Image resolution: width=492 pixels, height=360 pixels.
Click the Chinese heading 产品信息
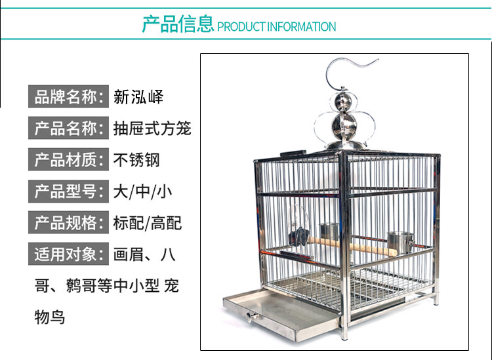178,25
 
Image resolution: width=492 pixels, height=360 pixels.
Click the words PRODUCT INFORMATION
276,27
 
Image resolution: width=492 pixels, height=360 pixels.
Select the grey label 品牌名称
68,97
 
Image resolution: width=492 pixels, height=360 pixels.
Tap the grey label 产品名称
68,129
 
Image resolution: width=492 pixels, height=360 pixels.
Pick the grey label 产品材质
68,159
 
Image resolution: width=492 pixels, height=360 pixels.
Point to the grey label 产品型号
68,191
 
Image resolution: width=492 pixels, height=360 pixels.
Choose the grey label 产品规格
68,222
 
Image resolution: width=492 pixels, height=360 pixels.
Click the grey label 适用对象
68,254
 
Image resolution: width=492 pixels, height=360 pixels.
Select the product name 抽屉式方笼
152,129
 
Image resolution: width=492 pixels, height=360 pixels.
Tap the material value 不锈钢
136,160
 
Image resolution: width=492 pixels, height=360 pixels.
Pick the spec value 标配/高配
147,223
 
